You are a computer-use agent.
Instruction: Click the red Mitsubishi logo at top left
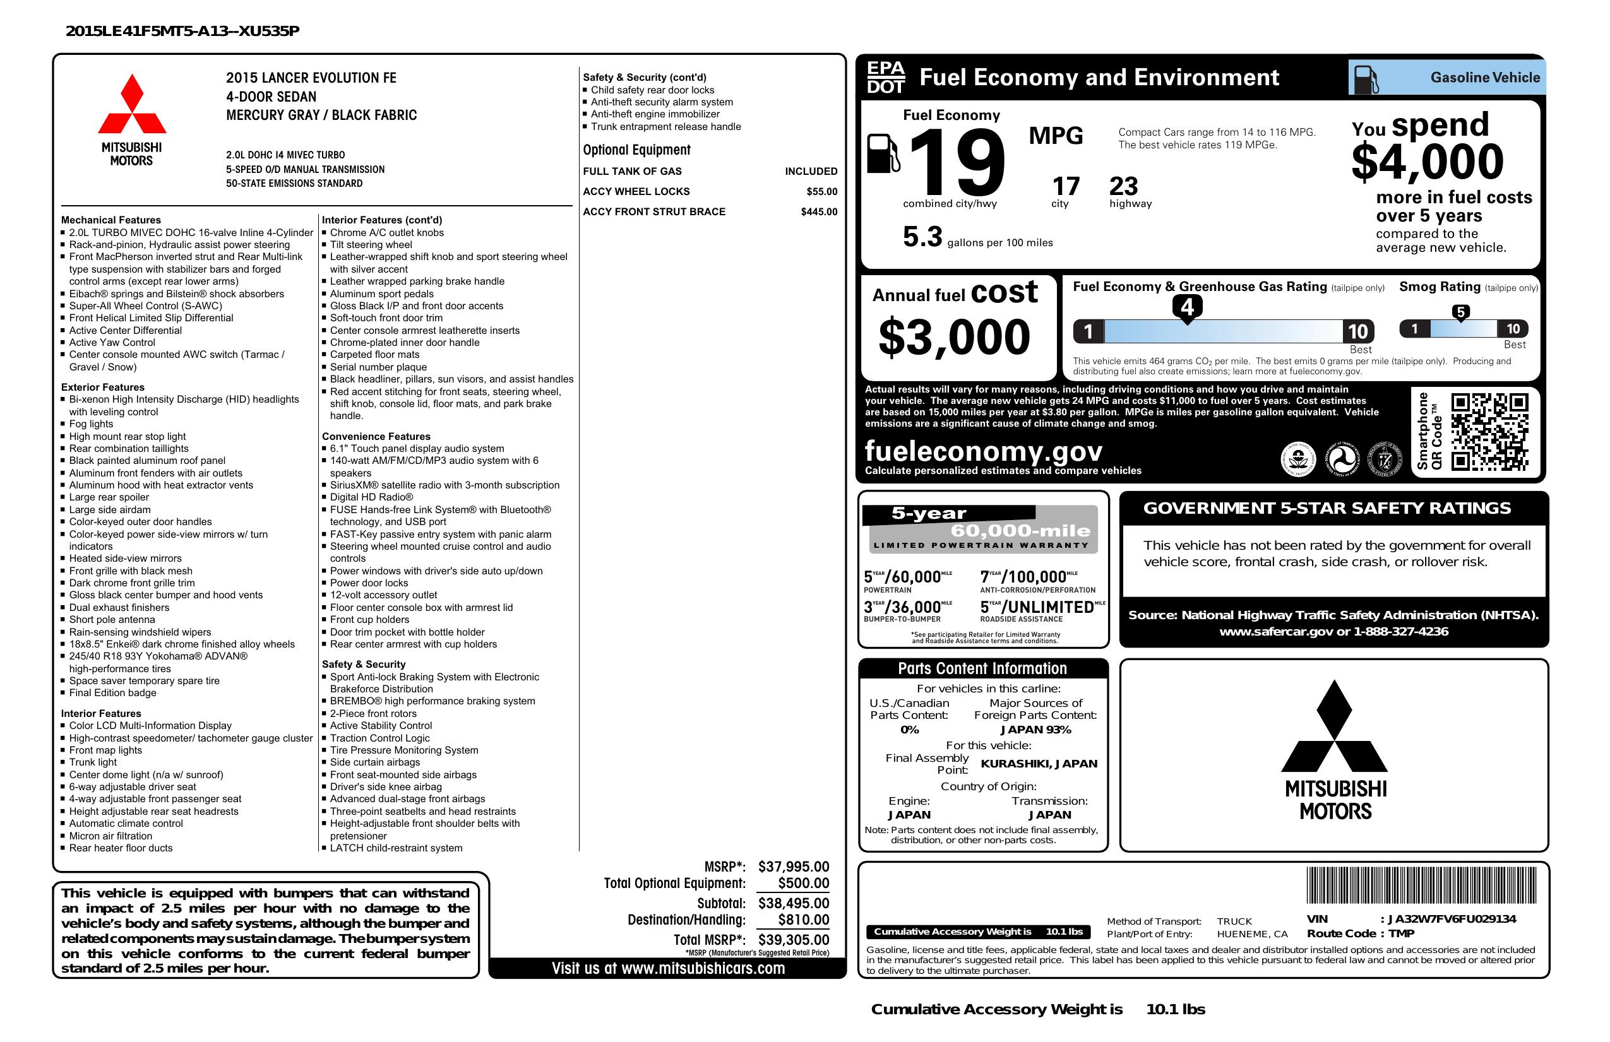[x=132, y=104]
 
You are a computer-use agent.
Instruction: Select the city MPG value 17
[x=1066, y=186]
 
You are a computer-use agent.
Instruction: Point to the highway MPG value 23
[x=1124, y=186]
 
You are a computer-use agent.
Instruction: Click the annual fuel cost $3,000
[x=954, y=338]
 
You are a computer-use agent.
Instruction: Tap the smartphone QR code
[x=1489, y=432]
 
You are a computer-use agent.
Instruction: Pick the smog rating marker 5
[x=1460, y=312]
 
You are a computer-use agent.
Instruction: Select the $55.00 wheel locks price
[x=821, y=191]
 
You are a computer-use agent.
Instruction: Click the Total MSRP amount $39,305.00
[x=793, y=939]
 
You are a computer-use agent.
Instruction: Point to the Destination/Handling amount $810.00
[x=803, y=920]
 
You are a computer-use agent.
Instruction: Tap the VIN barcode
[x=1421, y=886]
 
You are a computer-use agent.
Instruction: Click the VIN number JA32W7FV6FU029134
[x=1452, y=919]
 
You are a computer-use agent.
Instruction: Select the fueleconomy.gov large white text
[x=983, y=451]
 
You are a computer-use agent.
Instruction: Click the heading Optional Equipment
[x=636, y=150]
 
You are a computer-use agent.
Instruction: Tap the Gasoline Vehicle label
[x=1485, y=78]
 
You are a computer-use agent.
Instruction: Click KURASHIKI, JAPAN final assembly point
[x=1039, y=764]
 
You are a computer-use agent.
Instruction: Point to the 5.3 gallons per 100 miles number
[x=922, y=237]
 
